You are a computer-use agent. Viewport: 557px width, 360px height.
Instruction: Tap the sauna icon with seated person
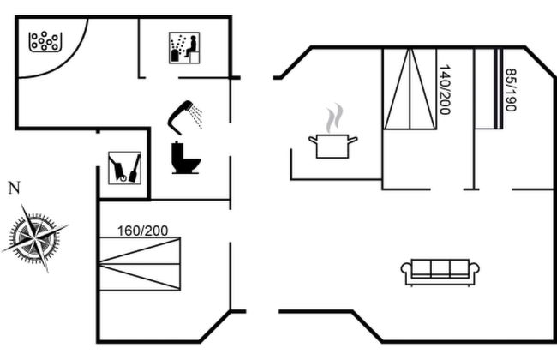(x=183, y=46)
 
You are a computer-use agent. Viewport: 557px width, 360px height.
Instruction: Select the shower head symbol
(x=182, y=113)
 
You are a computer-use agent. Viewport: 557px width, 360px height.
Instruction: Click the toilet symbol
(x=185, y=158)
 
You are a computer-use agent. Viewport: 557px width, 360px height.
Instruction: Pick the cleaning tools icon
(x=124, y=166)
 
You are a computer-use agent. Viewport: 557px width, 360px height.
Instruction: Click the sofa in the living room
(x=440, y=271)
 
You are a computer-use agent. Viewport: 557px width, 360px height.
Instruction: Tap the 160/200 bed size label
(x=143, y=231)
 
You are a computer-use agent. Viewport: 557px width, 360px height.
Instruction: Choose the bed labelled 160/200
(x=140, y=263)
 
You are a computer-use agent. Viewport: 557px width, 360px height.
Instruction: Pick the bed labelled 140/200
(x=410, y=90)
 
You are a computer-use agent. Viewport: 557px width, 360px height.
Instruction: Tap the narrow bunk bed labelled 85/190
(x=489, y=90)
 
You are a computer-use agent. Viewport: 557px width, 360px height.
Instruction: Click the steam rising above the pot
(x=334, y=117)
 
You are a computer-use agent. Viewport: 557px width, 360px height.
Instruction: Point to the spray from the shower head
(x=196, y=117)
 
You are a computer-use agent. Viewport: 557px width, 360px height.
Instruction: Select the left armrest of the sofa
(x=405, y=272)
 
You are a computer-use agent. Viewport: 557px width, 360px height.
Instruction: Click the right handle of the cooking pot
(x=354, y=139)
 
